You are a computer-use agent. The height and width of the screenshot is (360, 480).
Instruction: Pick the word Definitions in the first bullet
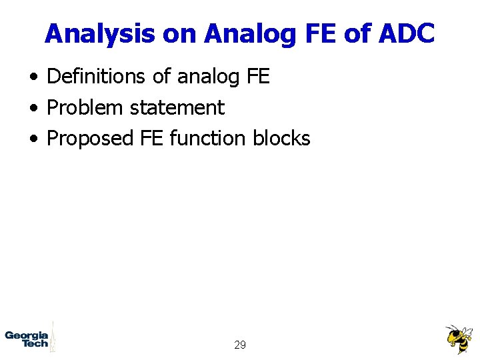[97, 77]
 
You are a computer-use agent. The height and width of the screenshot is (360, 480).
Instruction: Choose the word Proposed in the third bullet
[91, 138]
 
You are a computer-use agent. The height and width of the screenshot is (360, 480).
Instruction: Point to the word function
[209, 138]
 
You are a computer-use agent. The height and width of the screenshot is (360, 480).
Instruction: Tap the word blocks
[281, 138]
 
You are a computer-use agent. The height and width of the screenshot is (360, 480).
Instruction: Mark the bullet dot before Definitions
[33, 77]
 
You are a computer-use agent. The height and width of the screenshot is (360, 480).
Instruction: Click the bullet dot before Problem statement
[33, 108]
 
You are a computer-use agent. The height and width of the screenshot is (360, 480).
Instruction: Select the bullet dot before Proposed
[33, 139]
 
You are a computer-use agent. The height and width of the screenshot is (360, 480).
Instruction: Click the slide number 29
[240, 345]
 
